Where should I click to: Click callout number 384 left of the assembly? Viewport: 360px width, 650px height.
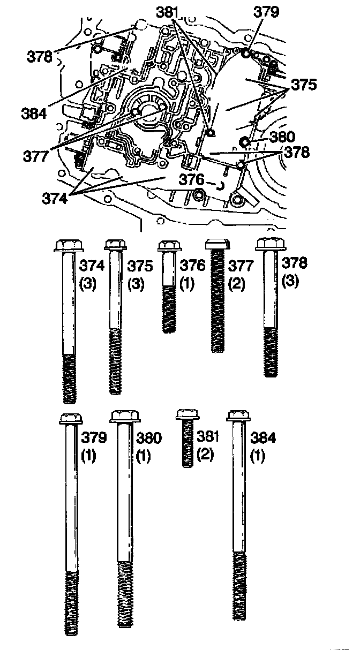pos(34,113)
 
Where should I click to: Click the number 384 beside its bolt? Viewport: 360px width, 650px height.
pos(263,437)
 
